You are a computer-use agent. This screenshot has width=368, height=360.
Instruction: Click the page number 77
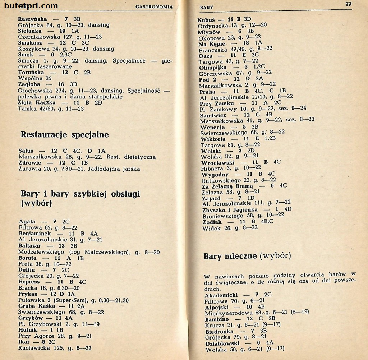[x=348, y=4]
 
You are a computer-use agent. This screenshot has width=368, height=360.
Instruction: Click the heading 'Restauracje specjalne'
[x=65, y=135]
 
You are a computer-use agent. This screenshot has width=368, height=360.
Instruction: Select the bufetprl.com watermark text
[x=31, y=5]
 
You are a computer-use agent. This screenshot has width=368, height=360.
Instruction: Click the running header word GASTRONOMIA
[x=154, y=6]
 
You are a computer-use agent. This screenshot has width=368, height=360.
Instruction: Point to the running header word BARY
[x=206, y=7]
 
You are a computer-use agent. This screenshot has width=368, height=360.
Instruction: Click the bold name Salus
[x=26, y=151]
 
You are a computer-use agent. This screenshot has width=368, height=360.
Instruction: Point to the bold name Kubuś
[x=206, y=19]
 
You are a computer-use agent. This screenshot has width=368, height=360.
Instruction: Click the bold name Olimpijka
[x=213, y=67]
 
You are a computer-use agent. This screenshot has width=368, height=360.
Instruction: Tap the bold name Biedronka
[x=219, y=331]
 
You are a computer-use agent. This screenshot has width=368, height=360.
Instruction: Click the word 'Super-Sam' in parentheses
[x=65, y=300]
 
